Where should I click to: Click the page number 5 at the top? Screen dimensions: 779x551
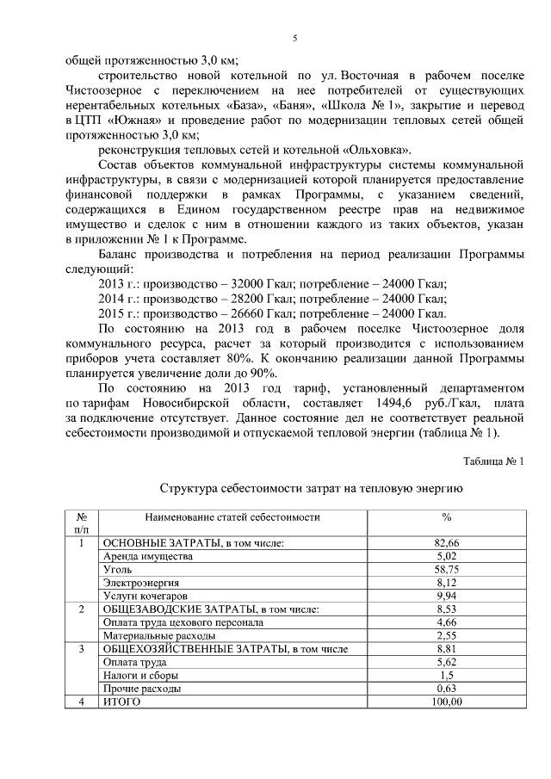[294, 39]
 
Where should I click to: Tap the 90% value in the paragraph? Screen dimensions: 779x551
[261, 373]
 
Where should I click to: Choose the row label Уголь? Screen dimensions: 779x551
[117, 570]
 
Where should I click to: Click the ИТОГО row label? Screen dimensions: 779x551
[121, 702]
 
